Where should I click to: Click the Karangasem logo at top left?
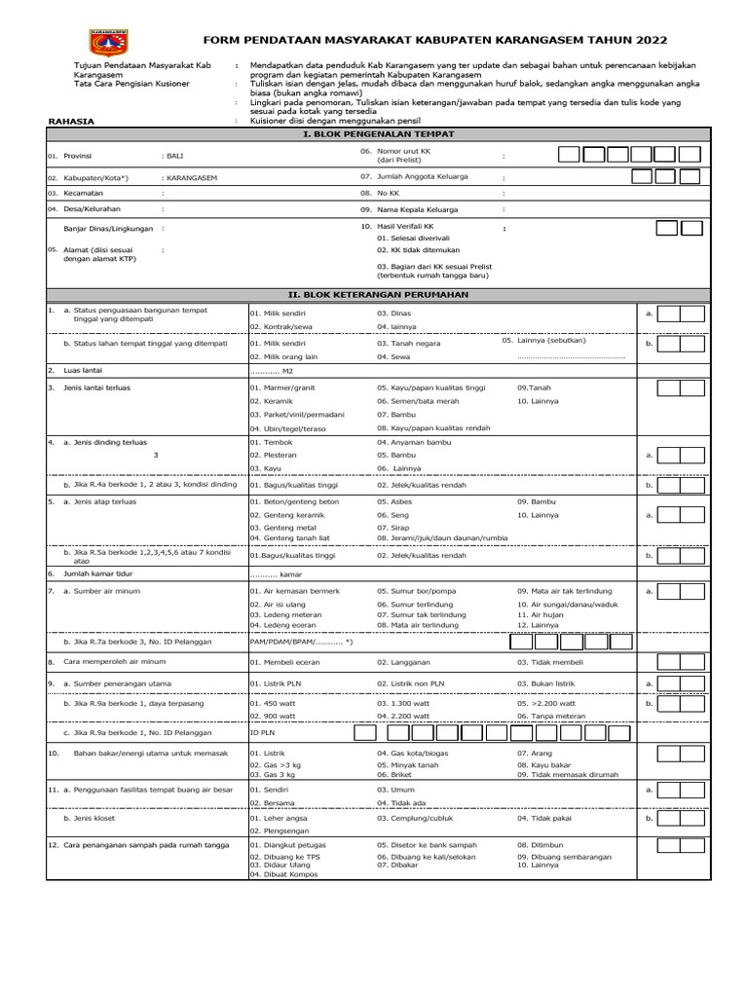114,42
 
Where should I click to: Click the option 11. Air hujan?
542,615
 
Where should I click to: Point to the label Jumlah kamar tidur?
96,574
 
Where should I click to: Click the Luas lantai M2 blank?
273,372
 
